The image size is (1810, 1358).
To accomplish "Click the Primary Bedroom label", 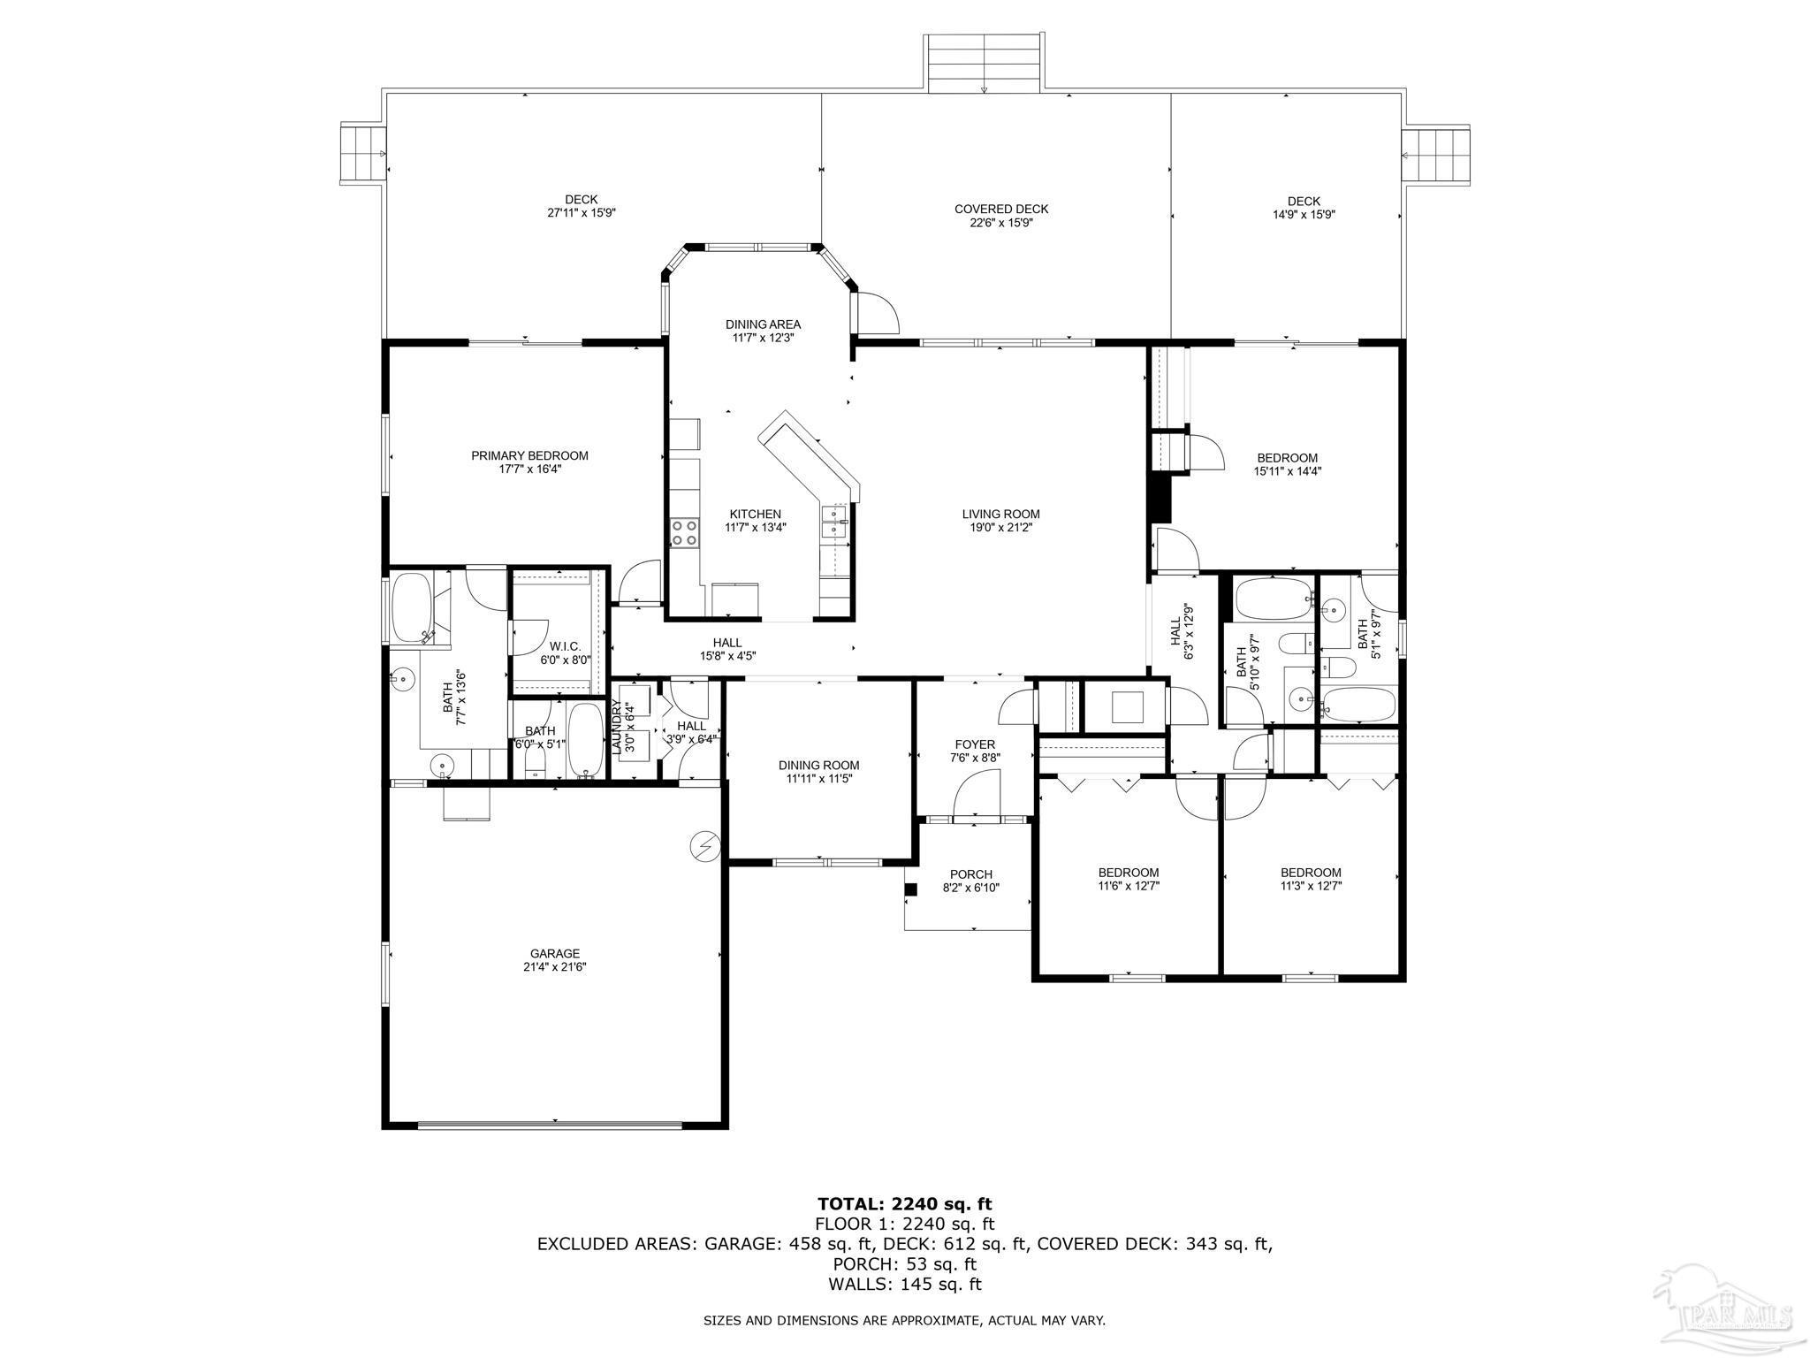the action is point(529,455).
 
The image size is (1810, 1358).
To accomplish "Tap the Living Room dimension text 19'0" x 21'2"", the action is point(1000,527).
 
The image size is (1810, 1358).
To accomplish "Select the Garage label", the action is point(555,953).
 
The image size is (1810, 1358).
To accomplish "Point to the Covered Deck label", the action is point(1001,209).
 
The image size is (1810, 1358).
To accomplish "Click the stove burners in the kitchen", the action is point(683,532).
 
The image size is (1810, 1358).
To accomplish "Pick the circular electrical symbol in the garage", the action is point(704,846).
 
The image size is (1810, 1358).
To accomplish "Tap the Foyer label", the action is point(975,744).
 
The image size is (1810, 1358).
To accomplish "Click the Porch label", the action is point(971,874).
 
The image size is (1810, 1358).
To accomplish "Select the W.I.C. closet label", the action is point(565,646).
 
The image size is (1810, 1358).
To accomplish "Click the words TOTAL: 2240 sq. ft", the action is point(905,1203).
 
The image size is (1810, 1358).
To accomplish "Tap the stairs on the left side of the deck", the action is point(363,154).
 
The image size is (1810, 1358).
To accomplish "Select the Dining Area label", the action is point(763,324).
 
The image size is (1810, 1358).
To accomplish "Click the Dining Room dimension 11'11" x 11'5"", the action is point(818,779).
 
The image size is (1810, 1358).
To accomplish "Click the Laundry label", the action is point(616,727).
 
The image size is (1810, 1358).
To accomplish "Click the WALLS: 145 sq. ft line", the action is point(905,1285).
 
